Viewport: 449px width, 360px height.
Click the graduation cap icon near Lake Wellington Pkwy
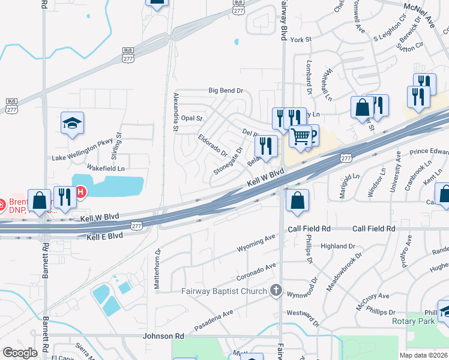72,123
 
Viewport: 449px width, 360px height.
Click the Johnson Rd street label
163,337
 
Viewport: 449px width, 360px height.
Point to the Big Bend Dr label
225,91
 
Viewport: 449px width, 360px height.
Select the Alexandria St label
176,112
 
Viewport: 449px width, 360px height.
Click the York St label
301,40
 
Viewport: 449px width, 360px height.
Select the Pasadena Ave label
214,322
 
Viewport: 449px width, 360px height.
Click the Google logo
20,353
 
